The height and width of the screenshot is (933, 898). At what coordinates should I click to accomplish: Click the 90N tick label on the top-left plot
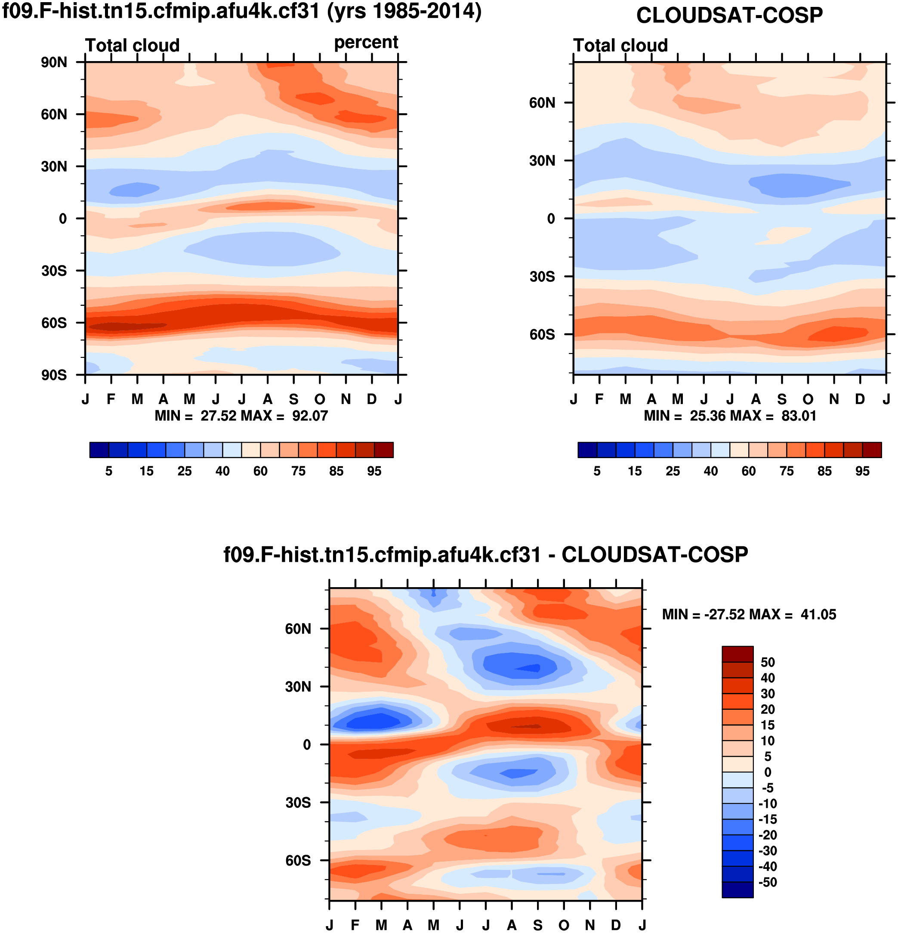[54, 62]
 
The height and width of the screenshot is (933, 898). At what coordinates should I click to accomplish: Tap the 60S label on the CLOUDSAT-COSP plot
[542, 335]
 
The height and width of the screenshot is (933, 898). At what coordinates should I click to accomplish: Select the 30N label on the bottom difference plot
[298, 687]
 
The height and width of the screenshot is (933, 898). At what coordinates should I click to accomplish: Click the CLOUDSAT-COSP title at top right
[729, 16]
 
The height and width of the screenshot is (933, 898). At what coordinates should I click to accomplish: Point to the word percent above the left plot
[366, 42]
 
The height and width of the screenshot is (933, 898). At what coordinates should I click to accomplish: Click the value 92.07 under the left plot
[310, 416]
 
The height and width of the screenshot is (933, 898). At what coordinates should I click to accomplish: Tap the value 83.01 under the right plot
[799, 416]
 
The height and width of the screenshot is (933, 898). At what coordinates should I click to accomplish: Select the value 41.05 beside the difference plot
[818, 615]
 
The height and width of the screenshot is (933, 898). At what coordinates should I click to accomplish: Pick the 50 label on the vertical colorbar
[768, 662]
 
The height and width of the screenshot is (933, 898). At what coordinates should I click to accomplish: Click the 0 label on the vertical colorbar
[768, 772]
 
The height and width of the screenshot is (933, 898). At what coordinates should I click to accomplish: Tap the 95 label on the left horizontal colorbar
[374, 471]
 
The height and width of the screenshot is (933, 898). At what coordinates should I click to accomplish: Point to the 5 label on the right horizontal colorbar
[597, 471]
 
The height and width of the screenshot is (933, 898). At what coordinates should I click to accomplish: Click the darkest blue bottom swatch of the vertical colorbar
[737, 890]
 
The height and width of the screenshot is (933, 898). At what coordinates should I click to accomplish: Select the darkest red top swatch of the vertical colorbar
[737, 654]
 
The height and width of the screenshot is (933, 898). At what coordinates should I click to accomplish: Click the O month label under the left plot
[320, 399]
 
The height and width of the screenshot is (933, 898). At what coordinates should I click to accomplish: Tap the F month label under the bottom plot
[355, 925]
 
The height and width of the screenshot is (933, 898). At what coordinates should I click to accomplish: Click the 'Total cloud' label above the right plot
[620, 46]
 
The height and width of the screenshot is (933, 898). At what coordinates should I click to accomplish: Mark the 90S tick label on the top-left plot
[54, 376]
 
